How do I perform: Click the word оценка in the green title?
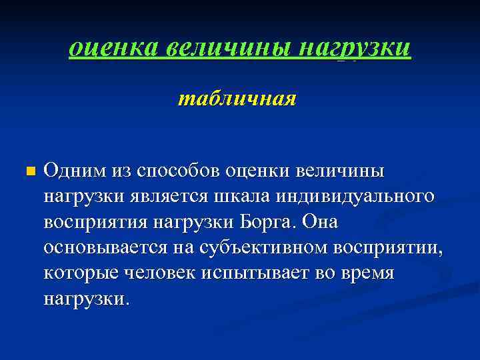click(112, 47)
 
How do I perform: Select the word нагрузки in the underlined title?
click(355, 47)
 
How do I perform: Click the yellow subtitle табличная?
click(237, 100)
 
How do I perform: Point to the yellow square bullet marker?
click(28, 172)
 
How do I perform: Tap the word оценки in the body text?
click(258, 171)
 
